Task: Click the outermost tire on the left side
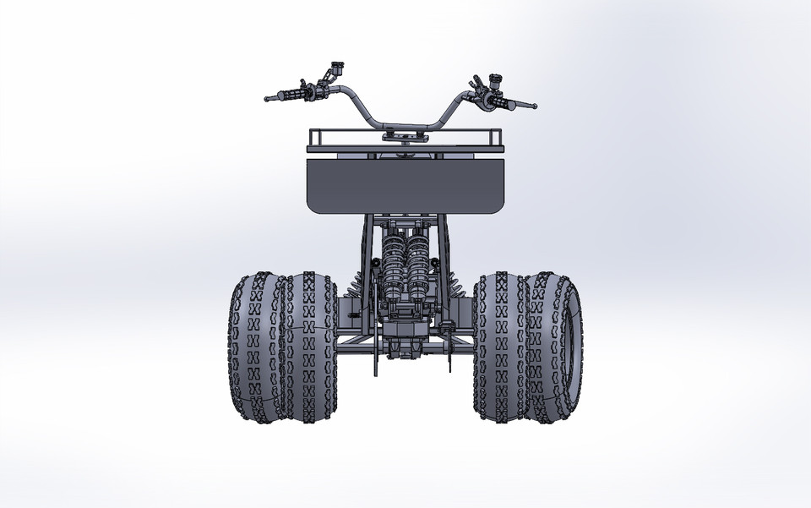click(x=254, y=347)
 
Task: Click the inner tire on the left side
click(x=309, y=347)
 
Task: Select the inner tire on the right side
click(x=500, y=347)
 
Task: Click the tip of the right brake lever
click(x=535, y=107)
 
